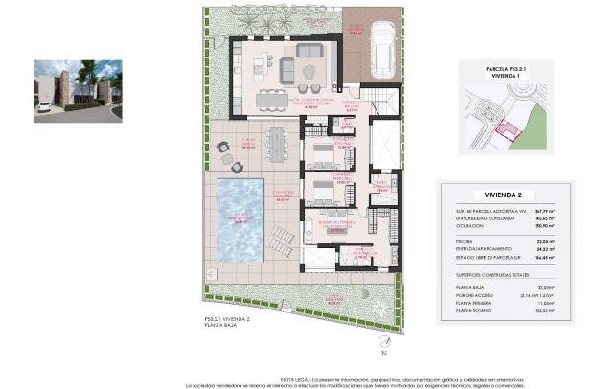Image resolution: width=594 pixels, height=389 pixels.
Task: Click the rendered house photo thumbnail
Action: coord(77,91)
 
